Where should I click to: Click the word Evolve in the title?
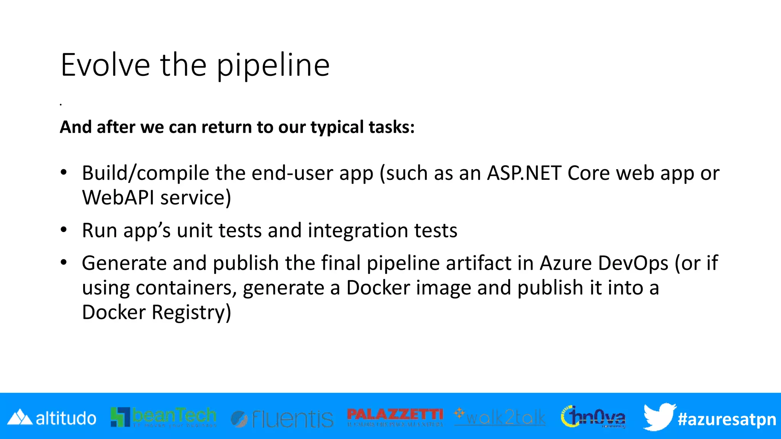pyautogui.click(x=105, y=65)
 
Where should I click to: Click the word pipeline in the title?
pyautogui.click(x=273, y=66)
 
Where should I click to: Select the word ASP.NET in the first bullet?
pyautogui.click(x=524, y=173)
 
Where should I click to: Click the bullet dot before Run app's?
pyautogui.click(x=64, y=230)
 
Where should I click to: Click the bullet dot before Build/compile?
pyautogui.click(x=64, y=172)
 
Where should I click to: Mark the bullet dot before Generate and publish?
pyautogui.click(x=64, y=262)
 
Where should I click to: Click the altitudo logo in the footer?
pyautogui.click(x=52, y=418)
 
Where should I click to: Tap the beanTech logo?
pyautogui.click(x=163, y=417)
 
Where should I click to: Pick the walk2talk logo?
pyautogui.click(x=500, y=417)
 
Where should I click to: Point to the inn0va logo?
pyautogui.click(x=593, y=417)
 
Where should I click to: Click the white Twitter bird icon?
pyautogui.click(x=659, y=417)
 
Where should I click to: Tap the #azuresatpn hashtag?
pyautogui.click(x=726, y=419)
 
